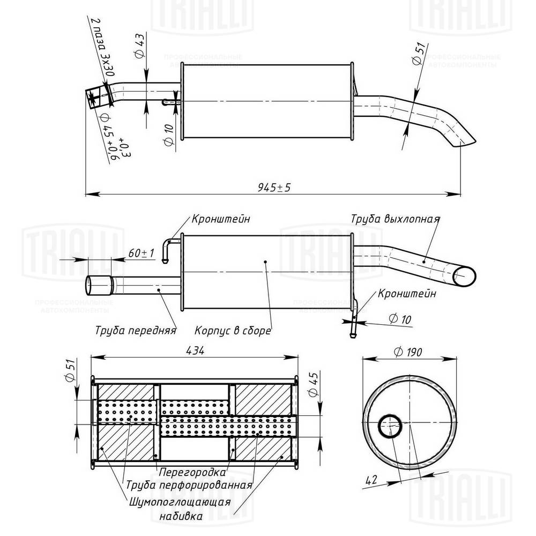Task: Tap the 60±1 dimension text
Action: click(142, 252)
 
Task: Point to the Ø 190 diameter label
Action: click(407, 352)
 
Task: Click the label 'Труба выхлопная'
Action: click(396, 219)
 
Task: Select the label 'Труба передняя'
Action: click(136, 330)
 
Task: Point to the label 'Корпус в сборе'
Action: click(233, 331)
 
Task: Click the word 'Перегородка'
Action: click(191, 473)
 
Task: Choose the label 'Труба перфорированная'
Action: click(189, 486)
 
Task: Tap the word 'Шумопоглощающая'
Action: click(180, 502)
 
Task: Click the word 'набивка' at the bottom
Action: click(181, 517)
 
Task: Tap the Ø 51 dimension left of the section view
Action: click(68, 370)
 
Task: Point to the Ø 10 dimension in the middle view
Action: click(399, 319)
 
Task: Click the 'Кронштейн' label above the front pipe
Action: click(221, 219)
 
